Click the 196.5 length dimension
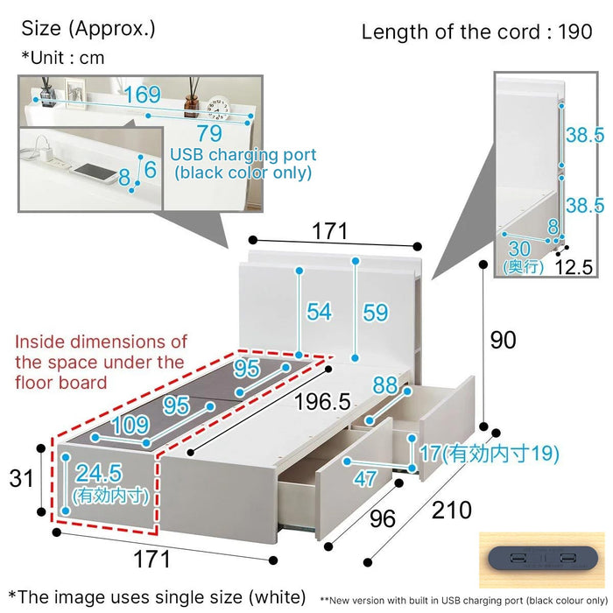point(322,402)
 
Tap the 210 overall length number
point(452,511)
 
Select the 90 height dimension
point(504,340)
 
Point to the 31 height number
point(21,478)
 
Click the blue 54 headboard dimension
point(319,312)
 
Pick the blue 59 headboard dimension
point(376,313)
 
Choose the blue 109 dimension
point(130,425)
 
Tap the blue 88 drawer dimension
point(385,385)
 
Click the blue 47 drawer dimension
point(365,478)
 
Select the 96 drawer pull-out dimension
point(383,519)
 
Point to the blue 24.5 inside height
point(98,473)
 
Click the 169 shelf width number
point(142,95)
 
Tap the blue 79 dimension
point(209,134)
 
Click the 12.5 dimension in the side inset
point(574,267)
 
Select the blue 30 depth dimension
point(519,249)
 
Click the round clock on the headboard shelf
point(218,108)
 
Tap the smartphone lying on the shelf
point(95,173)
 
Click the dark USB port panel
point(543,558)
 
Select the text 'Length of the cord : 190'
point(476,32)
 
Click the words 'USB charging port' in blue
point(243,155)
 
